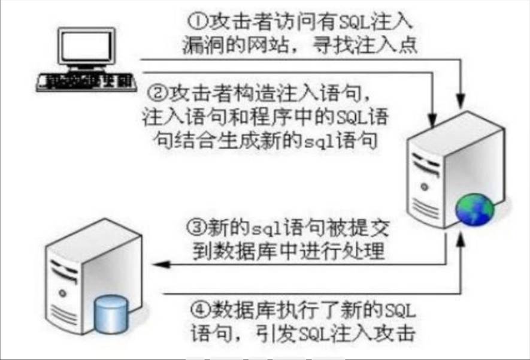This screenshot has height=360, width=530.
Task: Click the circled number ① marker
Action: [196, 22]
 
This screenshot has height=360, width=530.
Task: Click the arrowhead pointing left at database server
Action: [158, 264]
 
